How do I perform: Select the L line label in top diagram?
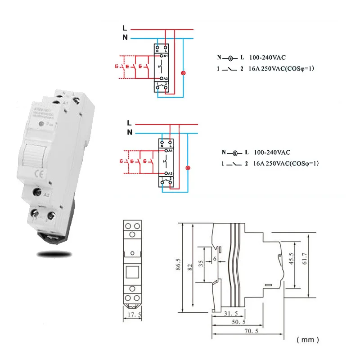point(125,28)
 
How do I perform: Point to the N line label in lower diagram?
point(130,132)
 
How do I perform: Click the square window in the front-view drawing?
point(132,272)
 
